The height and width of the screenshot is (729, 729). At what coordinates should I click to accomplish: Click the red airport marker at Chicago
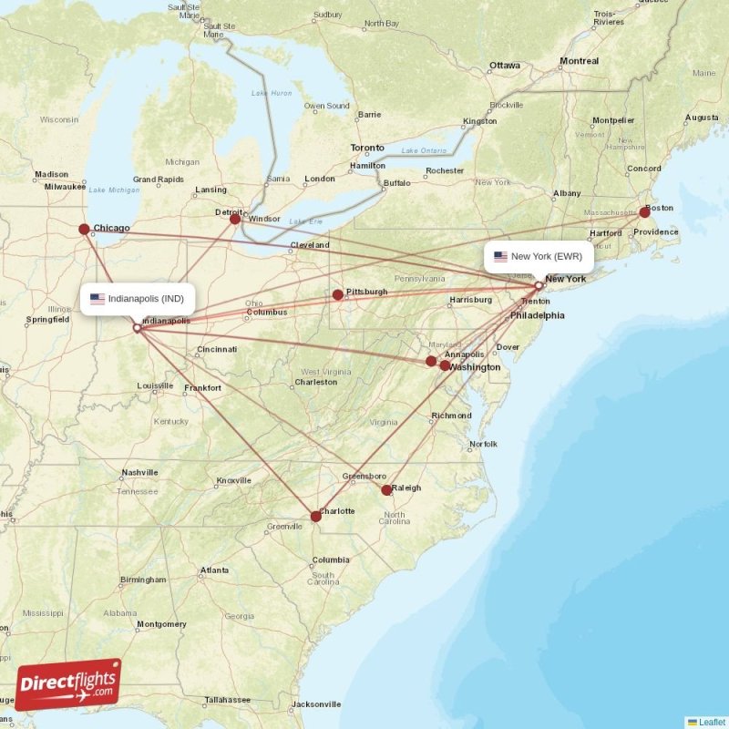[84, 230]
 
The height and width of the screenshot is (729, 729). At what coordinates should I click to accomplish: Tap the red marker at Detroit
[235, 219]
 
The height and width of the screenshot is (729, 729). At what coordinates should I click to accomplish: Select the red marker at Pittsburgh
[338, 294]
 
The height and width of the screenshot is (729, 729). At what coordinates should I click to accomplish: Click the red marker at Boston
[645, 211]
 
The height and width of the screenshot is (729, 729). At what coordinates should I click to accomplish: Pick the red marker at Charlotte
[315, 516]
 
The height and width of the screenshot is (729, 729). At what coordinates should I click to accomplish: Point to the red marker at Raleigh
[386, 490]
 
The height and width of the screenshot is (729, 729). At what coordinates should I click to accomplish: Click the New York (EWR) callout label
[539, 257]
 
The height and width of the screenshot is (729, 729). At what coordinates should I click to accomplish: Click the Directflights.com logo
[68, 683]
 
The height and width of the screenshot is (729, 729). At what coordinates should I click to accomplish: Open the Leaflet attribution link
[712, 722]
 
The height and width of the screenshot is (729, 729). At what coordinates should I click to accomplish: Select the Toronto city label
[367, 148]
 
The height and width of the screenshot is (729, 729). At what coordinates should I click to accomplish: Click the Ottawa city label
[504, 66]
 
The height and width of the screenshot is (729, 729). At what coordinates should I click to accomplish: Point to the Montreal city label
[580, 61]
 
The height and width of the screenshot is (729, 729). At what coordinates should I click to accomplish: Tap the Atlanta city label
[215, 570]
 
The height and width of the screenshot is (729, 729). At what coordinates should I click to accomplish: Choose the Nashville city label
[139, 473]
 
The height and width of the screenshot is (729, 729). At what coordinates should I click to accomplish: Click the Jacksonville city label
[316, 704]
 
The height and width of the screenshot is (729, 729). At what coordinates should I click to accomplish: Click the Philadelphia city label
[537, 315]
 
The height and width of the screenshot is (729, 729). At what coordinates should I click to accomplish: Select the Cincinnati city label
[217, 349]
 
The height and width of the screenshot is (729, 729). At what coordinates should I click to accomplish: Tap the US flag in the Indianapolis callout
[98, 298]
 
